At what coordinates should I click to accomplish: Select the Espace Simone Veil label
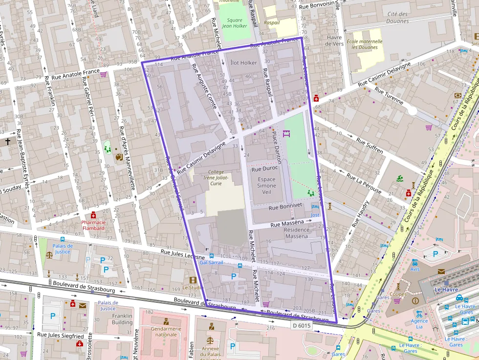[x=266, y=186]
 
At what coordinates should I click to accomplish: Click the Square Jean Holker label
[x=235, y=23]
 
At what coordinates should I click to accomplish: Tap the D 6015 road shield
[x=302, y=325]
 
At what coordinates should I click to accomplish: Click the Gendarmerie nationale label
[x=163, y=332]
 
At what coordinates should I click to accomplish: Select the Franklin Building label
[x=122, y=319]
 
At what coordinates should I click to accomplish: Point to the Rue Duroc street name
[x=264, y=169]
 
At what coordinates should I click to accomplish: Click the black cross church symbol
[x=8, y=142]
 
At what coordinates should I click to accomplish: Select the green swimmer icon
[x=400, y=178]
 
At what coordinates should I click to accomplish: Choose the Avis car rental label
[x=415, y=269]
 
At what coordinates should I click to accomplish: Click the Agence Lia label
[x=419, y=321]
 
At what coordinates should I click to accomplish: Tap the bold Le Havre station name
[x=445, y=290]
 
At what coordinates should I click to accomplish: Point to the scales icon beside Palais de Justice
[x=49, y=254]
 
